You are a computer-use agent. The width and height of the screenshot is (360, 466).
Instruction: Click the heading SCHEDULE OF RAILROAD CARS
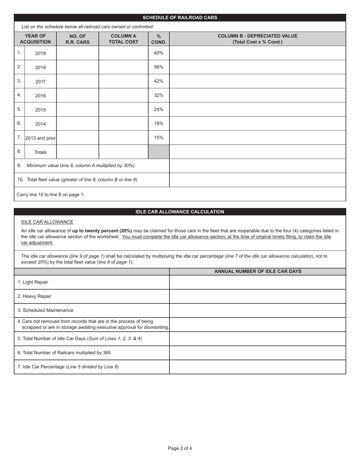[x=180, y=17]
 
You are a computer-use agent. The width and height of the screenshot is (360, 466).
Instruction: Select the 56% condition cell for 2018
[x=158, y=67]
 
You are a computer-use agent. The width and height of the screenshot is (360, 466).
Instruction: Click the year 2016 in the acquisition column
[x=40, y=96]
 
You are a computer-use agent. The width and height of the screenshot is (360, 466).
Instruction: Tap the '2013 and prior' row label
[x=41, y=138]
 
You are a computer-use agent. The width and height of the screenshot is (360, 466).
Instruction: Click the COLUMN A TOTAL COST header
[x=123, y=39]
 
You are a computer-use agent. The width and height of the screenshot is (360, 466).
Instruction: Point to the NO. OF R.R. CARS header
[x=77, y=39]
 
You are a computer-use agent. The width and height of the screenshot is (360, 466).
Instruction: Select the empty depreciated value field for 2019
[x=257, y=53]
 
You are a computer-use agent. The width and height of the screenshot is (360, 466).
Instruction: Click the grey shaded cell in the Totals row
[x=158, y=152]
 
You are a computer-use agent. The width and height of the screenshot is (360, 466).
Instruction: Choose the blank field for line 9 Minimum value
[x=257, y=166]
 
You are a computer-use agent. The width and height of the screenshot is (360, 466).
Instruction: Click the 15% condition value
[x=158, y=138]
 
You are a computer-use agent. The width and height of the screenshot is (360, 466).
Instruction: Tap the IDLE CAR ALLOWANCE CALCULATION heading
[x=180, y=212]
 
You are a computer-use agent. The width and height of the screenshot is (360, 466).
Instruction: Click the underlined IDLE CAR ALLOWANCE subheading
[x=47, y=222]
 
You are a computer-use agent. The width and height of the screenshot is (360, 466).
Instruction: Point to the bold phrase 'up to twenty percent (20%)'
[x=102, y=231]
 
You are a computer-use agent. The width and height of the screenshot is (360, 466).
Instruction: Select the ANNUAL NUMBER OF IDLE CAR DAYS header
[x=258, y=272]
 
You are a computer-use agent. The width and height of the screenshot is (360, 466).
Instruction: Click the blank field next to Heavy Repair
[x=257, y=296]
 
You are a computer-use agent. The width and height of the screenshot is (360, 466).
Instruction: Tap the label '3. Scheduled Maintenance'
[x=45, y=310]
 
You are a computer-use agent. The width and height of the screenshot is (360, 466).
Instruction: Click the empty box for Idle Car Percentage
[x=257, y=367]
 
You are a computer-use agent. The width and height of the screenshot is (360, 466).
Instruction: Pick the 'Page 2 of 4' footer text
[x=180, y=449]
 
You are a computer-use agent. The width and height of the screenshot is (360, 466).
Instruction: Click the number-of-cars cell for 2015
[x=77, y=109]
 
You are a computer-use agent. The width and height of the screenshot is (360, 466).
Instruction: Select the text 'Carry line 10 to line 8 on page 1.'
[x=51, y=194]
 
